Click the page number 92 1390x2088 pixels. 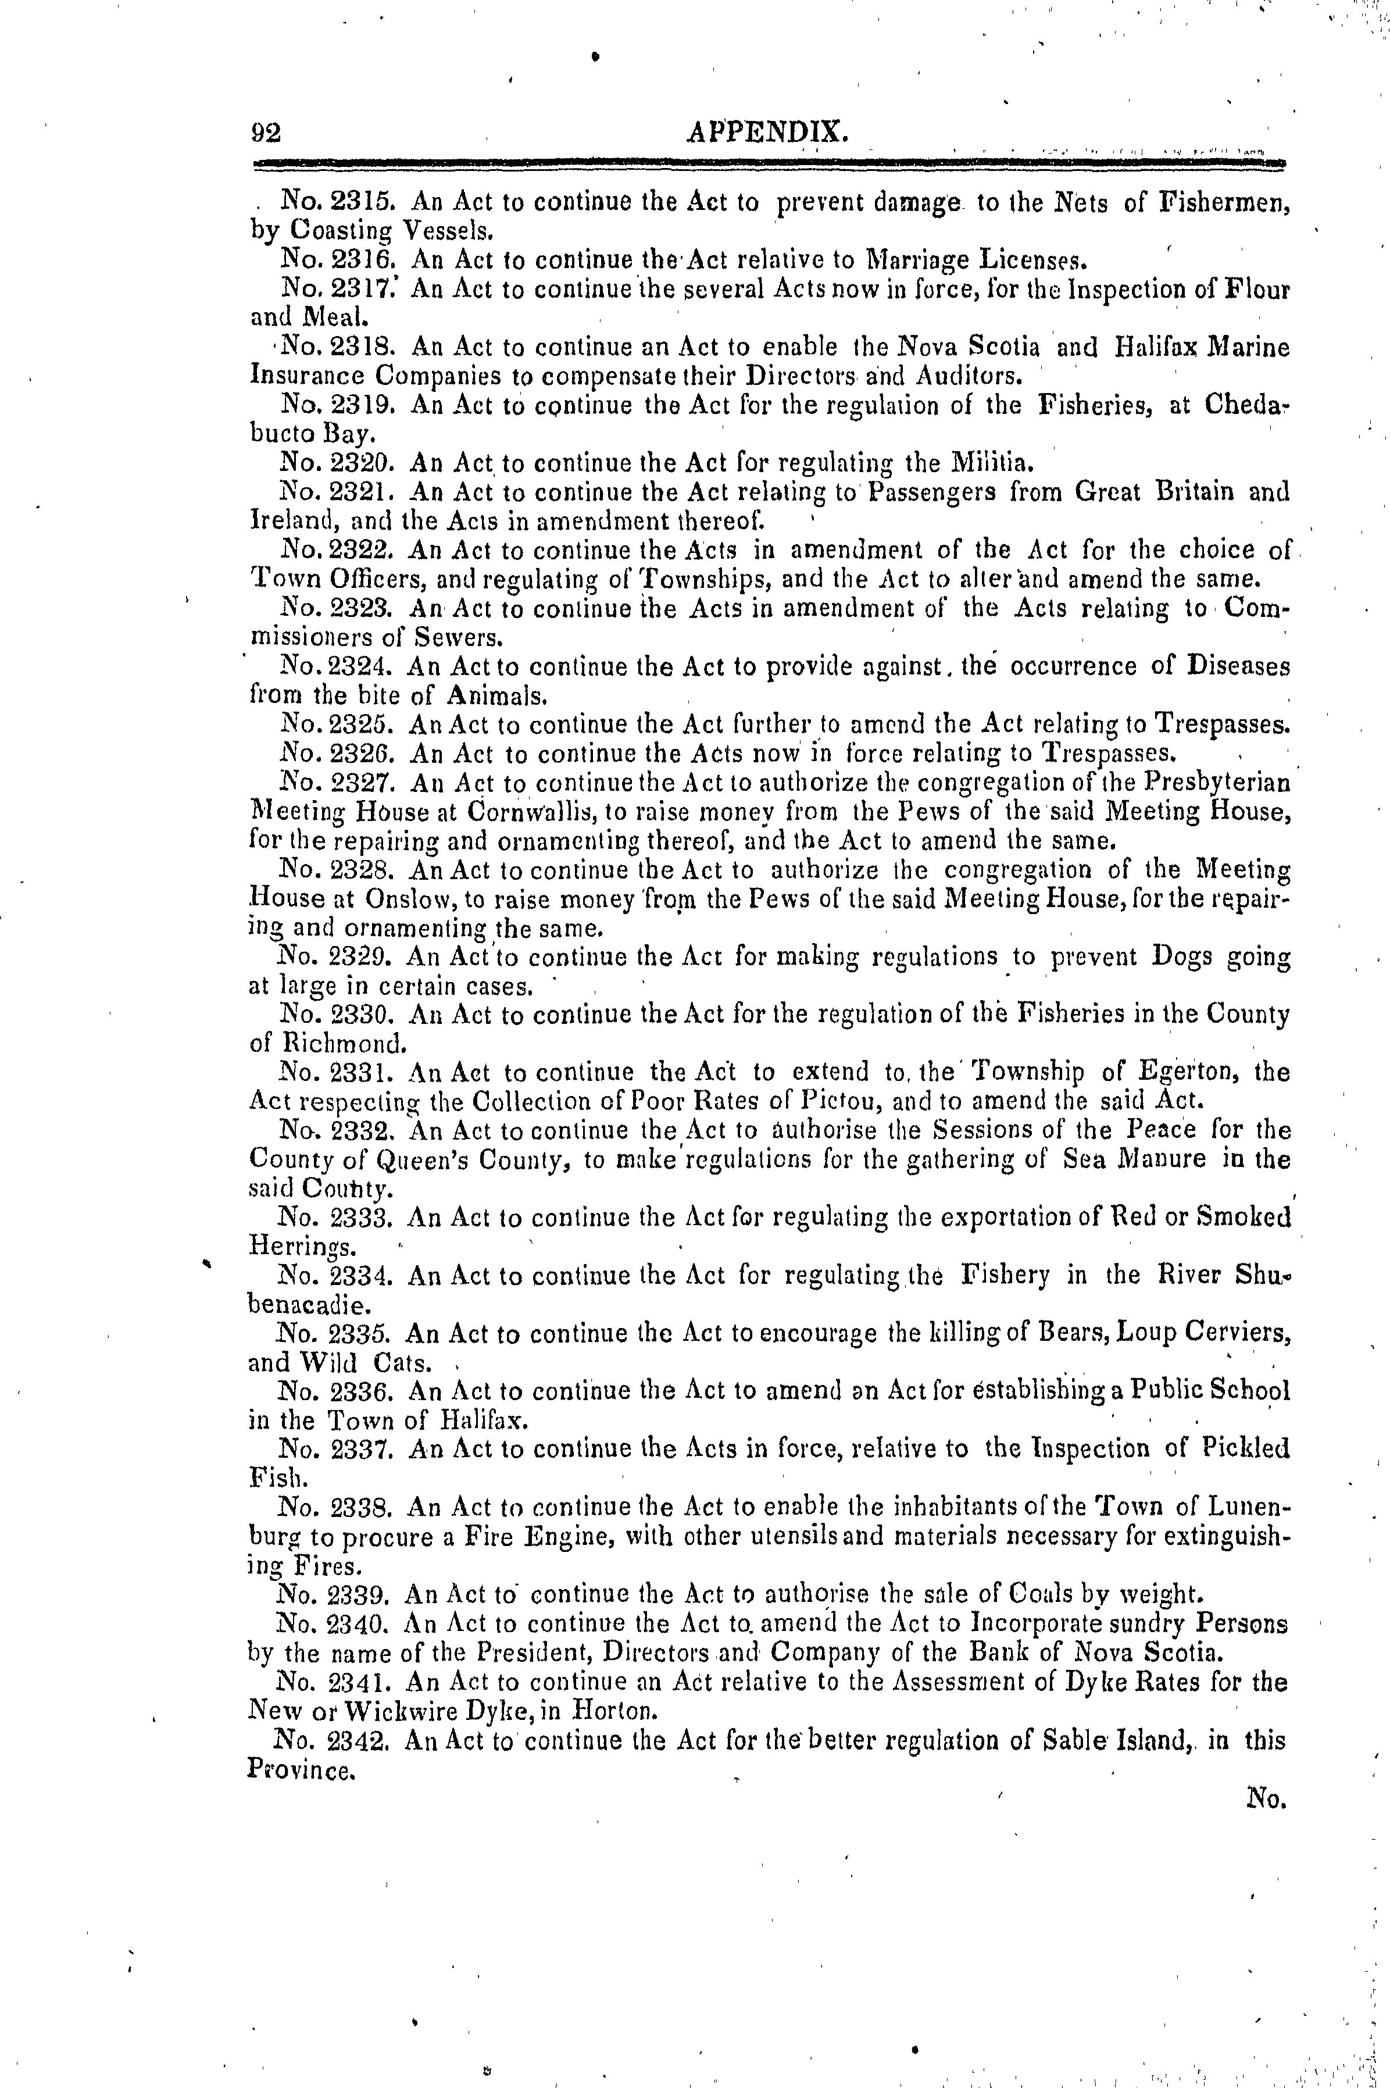click(x=265, y=133)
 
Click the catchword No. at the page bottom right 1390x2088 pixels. click(x=1265, y=1799)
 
